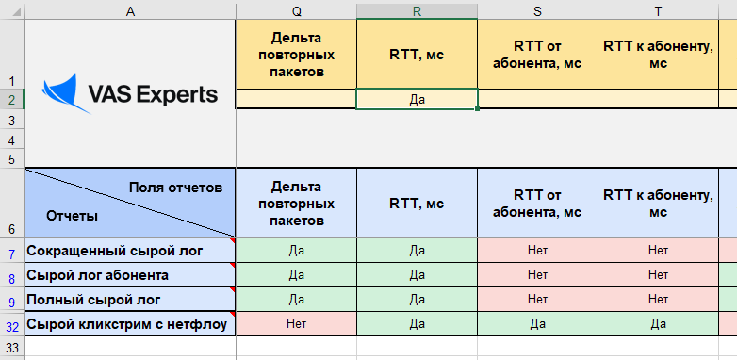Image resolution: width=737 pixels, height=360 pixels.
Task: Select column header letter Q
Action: pos(296,9)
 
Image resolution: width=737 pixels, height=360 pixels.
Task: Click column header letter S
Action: pos(537,9)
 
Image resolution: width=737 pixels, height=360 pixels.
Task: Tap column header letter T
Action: pos(658,9)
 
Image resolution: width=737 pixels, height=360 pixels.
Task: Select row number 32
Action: pos(11,324)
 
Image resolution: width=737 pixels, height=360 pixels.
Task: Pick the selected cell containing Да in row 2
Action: pos(417,98)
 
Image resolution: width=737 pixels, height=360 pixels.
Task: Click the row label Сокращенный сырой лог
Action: pos(106,251)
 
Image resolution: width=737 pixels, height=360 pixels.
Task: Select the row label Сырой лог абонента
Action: pos(98,275)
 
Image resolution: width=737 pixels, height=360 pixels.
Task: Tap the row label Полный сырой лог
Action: pos(92,300)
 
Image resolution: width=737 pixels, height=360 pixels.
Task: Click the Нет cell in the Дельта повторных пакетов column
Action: pos(296,324)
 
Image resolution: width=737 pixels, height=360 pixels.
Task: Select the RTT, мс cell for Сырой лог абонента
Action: pos(417,275)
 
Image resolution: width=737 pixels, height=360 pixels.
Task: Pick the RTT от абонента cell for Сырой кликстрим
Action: pos(537,324)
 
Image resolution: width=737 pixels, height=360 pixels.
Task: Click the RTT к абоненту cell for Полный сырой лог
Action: pos(658,300)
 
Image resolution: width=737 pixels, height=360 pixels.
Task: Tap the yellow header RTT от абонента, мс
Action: pos(537,54)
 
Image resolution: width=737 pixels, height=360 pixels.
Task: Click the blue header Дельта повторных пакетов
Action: pos(296,204)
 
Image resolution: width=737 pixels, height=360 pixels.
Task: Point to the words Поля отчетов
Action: pos(176,187)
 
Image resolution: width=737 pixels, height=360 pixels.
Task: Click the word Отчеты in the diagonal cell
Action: pos(72,216)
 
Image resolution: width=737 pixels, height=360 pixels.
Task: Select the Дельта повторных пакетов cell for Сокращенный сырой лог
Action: pos(296,251)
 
